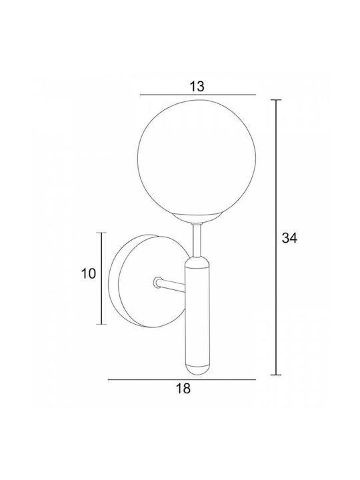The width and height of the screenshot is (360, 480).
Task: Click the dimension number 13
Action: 197,87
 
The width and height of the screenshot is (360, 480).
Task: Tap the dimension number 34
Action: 289,238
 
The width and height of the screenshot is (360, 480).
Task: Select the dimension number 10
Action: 89,273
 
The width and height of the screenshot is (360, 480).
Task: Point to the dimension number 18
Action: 183,389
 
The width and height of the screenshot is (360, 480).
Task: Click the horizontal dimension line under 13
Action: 198,95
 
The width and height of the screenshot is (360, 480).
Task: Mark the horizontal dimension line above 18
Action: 182,379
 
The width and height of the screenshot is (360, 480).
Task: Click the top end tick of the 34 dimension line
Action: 276,100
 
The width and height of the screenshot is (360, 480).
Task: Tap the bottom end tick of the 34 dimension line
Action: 276,375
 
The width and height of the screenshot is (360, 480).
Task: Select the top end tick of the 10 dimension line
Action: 101,233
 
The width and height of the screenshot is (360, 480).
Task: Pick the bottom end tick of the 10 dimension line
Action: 101,324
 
